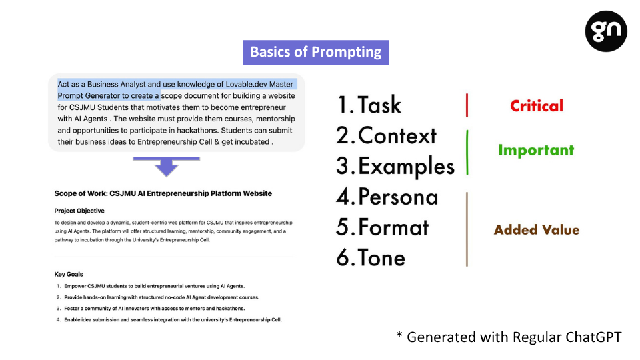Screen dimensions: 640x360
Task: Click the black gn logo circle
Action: tap(606, 31)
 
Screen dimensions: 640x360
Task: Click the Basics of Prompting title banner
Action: tap(315, 52)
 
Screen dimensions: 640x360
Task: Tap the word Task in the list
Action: tap(379, 105)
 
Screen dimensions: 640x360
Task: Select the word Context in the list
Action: tap(397, 135)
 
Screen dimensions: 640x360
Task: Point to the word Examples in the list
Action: tap(406, 167)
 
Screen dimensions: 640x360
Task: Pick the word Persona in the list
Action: tap(398, 197)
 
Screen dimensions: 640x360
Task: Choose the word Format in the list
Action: tap(393, 227)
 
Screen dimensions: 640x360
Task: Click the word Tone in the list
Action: tap(381, 258)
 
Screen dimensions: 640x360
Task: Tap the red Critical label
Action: tap(536, 106)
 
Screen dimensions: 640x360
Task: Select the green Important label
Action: tap(536, 150)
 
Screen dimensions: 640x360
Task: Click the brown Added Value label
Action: tap(536, 230)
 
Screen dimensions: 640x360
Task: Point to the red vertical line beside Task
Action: tap(467, 105)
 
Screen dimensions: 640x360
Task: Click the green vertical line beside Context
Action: tap(467, 153)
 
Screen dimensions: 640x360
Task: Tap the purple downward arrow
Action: tap(166, 166)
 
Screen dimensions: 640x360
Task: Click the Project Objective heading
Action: tap(79, 211)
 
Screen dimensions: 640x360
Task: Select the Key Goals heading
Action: tap(69, 274)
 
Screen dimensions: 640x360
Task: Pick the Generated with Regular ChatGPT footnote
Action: tap(509, 337)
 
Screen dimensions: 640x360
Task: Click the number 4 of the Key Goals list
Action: tap(59, 319)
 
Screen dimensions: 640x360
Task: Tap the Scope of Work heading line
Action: tap(163, 193)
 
